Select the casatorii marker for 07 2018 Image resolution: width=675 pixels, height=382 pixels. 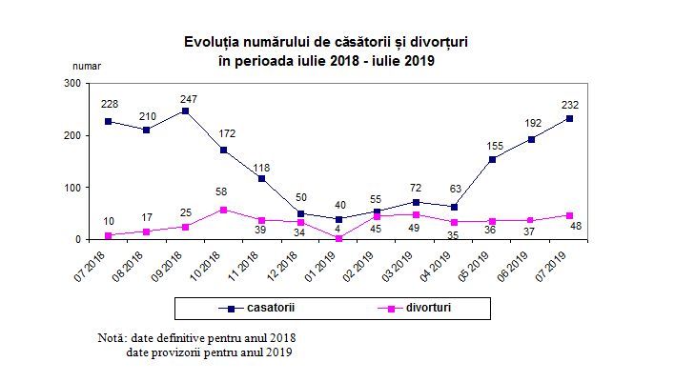(x=109, y=121)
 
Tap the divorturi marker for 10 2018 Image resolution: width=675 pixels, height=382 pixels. (x=223, y=210)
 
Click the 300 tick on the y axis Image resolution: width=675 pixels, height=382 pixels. (x=71, y=84)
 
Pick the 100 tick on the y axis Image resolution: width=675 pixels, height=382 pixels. (x=71, y=188)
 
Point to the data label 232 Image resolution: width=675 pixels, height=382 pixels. (x=571, y=105)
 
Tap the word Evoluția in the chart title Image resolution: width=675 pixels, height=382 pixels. (x=213, y=43)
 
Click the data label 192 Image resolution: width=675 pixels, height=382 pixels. (x=531, y=123)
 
